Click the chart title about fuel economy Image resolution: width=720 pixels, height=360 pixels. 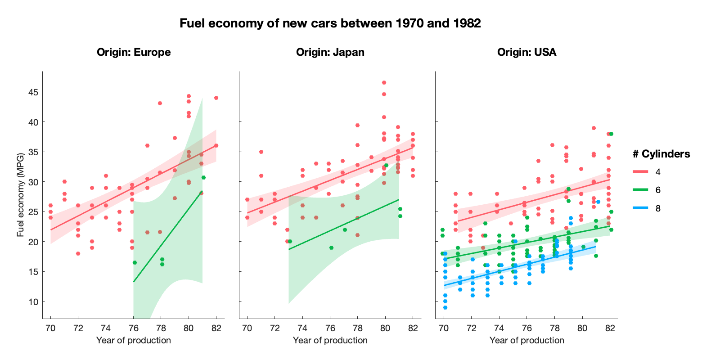(x=330, y=23)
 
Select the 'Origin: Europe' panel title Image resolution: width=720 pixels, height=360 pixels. (x=134, y=52)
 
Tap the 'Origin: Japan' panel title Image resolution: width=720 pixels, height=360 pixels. (x=330, y=52)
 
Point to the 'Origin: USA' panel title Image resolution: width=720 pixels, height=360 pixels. (x=526, y=52)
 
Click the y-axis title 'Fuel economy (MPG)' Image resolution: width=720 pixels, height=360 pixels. (x=20, y=196)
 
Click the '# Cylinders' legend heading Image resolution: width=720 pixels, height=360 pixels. (x=661, y=154)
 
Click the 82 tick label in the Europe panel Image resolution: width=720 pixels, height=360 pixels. (x=216, y=328)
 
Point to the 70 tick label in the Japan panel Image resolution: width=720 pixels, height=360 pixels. (x=247, y=328)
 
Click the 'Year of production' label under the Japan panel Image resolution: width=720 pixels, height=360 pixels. (x=330, y=340)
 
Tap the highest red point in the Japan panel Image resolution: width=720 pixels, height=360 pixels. (x=384, y=83)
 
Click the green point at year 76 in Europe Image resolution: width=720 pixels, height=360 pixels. (x=135, y=262)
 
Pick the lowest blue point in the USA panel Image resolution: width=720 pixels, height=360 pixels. (x=445, y=307)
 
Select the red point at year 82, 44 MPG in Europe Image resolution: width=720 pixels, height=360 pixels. (x=216, y=98)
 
